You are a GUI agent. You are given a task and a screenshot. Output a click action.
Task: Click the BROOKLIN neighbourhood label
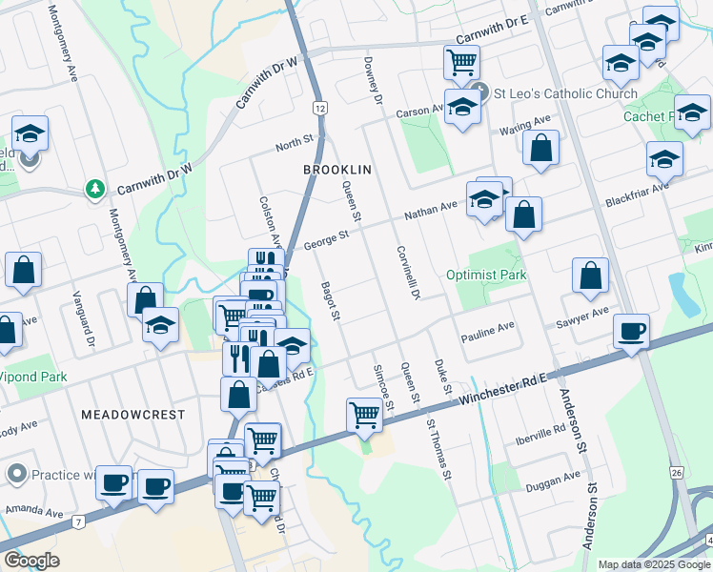coord(336,169)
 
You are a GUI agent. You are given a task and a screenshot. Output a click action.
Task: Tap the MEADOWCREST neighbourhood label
coord(132,416)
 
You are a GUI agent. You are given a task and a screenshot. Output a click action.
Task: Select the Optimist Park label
coord(486,275)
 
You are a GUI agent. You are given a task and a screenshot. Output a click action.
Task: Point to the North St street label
coord(294,143)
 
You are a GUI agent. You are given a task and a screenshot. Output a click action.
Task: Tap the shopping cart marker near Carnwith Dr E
coord(461,62)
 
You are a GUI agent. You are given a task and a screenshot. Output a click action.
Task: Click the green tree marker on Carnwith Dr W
coord(94,189)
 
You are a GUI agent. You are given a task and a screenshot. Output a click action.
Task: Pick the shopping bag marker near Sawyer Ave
coord(591,276)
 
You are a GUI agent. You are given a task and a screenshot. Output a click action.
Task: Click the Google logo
coord(31,561)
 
